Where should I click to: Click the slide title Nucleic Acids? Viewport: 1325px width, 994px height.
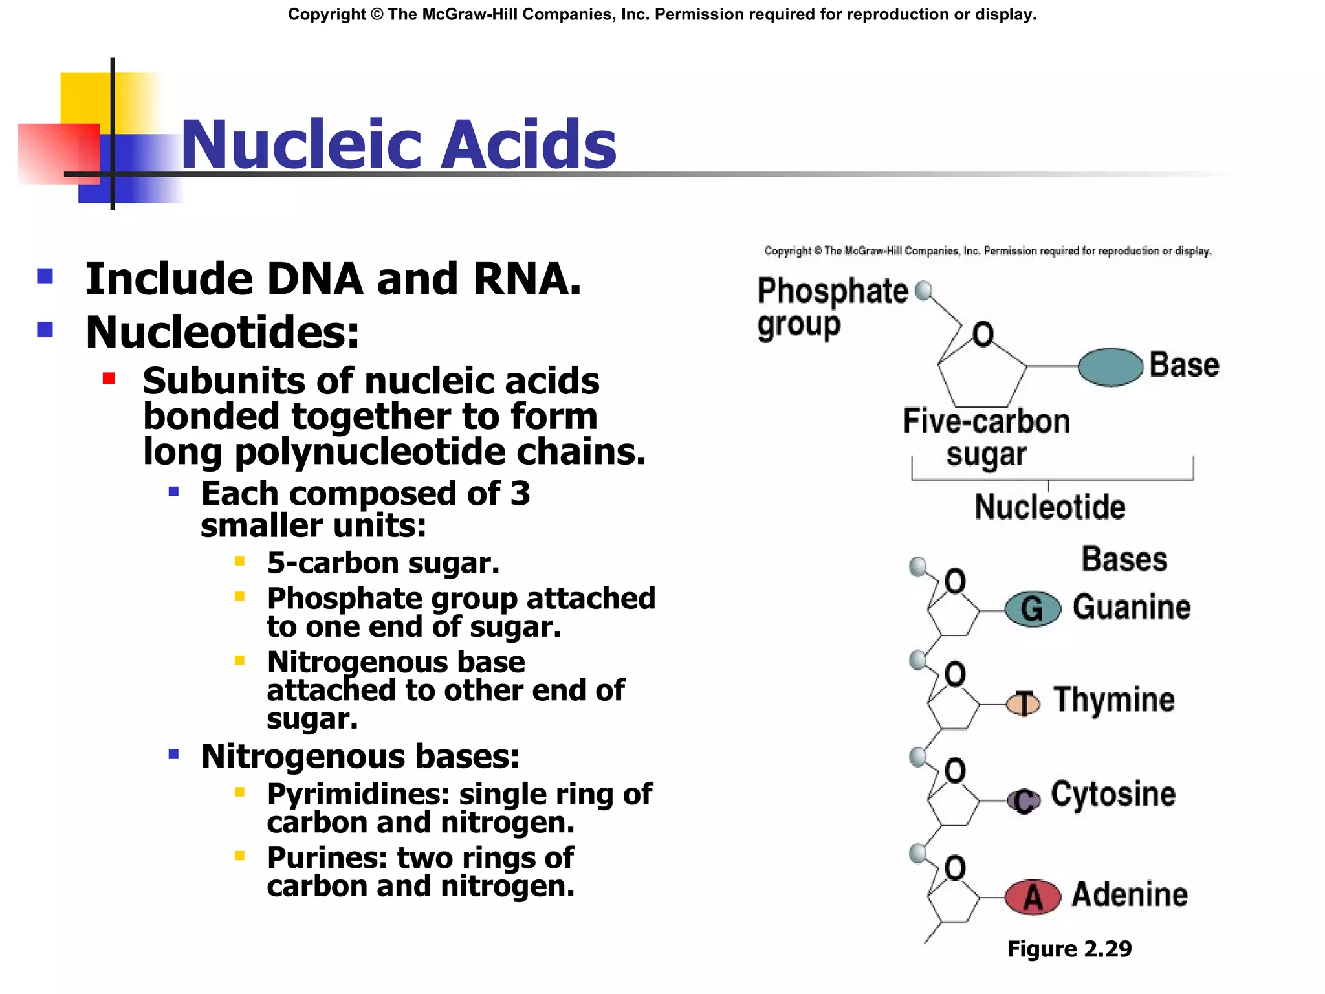pyautogui.click(x=398, y=144)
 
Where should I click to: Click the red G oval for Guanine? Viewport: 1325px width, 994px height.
pyautogui.click(x=1033, y=609)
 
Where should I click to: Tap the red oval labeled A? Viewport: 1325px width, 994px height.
pyautogui.click(x=1033, y=897)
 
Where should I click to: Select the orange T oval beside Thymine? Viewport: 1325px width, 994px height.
pyautogui.click(x=1024, y=703)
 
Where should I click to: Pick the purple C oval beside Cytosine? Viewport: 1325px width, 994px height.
pyautogui.click(x=1024, y=801)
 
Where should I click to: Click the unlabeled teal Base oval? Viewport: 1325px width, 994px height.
pyautogui.click(x=1110, y=367)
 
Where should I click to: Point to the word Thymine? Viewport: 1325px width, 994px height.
pyautogui.click(x=1114, y=700)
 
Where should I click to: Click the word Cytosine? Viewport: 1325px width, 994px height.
pyautogui.click(x=1113, y=795)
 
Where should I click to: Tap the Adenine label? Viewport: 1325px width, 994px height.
pyautogui.click(x=1130, y=894)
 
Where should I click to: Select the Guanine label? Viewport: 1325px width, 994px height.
pyautogui.click(x=1132, y=607)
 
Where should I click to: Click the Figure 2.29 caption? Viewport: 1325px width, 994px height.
pyautogui.click(x=1069, y=949)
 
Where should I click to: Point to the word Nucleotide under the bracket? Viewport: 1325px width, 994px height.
pyautogui.click(x=1049, y=507)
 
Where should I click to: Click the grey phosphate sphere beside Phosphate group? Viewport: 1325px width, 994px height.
pyautogui.click(x=925, y=290)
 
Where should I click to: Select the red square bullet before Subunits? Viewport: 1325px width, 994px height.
pyautogui.click(x=109, y=379)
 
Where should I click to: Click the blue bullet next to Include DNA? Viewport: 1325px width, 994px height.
pyautogui.click(x=45, y=277)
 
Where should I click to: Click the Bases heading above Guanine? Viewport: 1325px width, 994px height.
pyautogui.click(x=1124, y=559)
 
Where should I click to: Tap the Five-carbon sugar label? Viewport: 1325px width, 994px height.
pyautogui.click(x=986, y=437)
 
